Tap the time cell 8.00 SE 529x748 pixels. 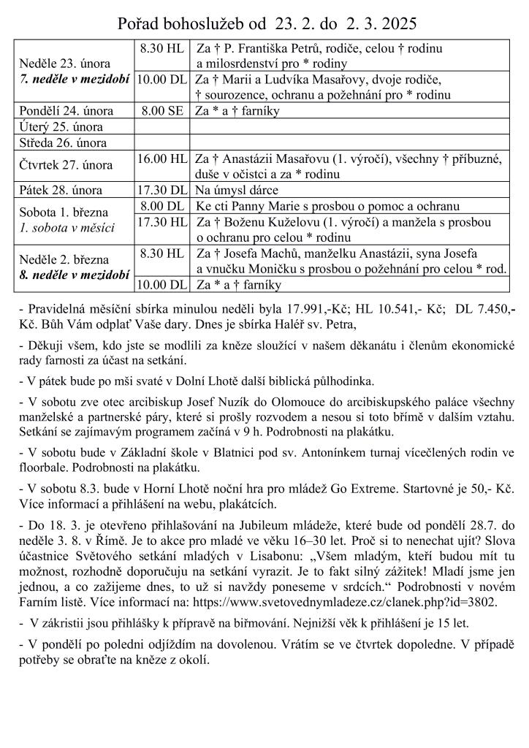[162, 111]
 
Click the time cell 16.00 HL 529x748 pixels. [162, 158]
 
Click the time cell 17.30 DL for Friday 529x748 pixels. [162, 190]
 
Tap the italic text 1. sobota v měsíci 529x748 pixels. [67, 228]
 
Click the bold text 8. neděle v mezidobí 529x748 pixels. [75, 275]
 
